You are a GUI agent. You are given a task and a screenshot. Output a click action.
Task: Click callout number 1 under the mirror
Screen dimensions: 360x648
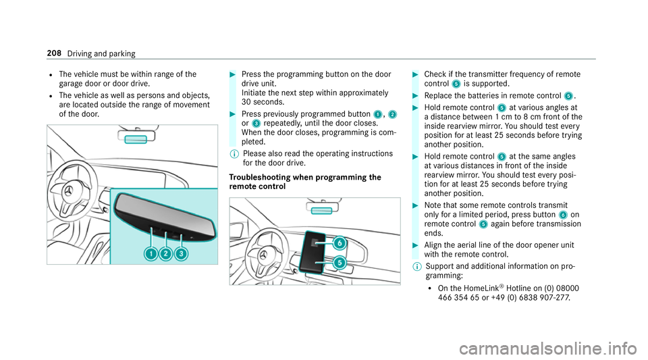(151, 253)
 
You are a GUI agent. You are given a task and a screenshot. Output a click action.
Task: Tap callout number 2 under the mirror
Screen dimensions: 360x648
(166, 253)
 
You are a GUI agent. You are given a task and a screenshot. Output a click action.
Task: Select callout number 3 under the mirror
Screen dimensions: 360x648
(182, 253)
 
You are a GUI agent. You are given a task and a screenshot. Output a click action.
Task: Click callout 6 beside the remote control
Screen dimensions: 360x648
(339, 242)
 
